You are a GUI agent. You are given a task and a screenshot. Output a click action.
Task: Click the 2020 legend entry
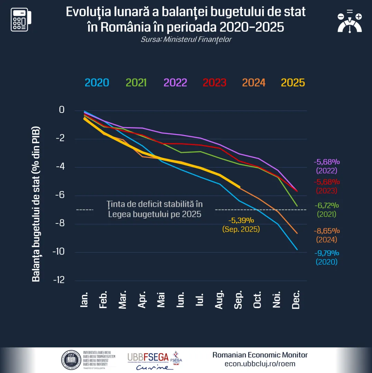pyautogui.click(x=97, y=83)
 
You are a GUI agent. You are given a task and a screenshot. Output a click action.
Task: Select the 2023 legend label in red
pyautogui.click(x=214, y=83)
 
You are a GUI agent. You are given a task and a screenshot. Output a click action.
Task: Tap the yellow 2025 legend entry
pyautogui.click(x=293, y=83)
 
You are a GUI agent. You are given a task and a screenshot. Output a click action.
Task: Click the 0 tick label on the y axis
pyautogui.click(x=62, y=110)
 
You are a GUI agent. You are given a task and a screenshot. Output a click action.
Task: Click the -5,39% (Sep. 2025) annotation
pyautogui.click(x=241, y=224)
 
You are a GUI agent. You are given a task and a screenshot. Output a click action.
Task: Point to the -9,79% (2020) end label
pyautogui.click(x=327, y=257)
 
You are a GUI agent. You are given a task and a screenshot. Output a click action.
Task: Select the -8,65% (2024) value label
pyautogui.click(x=327, y=235)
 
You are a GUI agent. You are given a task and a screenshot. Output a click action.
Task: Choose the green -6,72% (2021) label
pyautogui.click(x=327, y=210)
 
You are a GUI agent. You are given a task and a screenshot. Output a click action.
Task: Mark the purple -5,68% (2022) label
pyautogui.click(x=327, y=166)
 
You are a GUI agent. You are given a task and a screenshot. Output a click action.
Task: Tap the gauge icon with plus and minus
pyautogui.click(x=350, y=22)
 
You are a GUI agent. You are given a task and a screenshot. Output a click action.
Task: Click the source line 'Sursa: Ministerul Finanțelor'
pyautogui.click(x=186, y=39)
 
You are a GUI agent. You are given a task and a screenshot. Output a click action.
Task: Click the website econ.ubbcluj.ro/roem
pyautogui.click(x=260, y=364)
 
